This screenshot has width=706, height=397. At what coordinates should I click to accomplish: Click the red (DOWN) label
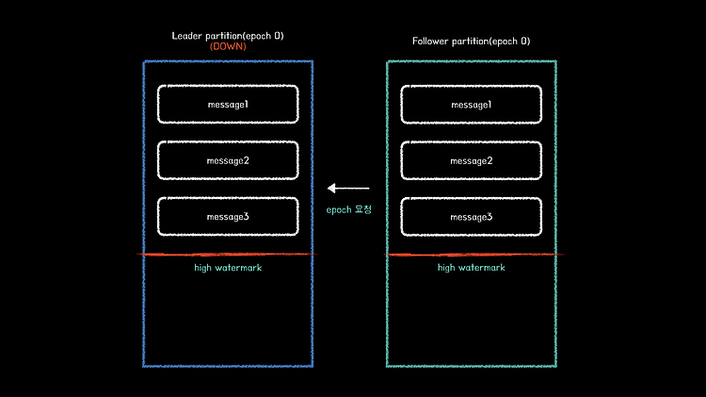point(228,46)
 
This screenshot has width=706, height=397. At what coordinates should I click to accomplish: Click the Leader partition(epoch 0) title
point(228,36)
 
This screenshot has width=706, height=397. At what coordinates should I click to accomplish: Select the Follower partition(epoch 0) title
point(471,41)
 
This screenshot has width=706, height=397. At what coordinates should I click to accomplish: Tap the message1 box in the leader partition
point(228,104)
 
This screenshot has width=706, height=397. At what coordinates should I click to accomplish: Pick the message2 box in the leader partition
point(228,160)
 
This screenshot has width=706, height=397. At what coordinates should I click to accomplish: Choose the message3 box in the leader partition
point(228,217)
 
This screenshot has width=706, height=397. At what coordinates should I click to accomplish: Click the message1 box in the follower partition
point(471,104)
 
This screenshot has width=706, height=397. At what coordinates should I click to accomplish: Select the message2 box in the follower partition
point(471,160)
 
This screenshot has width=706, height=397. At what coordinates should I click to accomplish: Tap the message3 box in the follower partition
point(471,217)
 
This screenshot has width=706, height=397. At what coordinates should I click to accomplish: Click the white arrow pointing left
point(348,189)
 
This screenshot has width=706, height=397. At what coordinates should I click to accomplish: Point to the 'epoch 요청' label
point(349,208)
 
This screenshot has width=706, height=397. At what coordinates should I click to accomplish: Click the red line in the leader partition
point(228,254)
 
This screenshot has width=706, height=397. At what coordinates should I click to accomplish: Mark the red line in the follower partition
point(471,254)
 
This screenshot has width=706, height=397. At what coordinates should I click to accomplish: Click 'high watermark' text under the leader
point(228,268)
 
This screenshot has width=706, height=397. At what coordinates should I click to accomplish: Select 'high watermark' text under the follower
point(471,268)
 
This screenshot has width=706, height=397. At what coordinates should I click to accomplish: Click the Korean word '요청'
point(361,208)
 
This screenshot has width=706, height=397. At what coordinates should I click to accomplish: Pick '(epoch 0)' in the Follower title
point(508,41)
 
